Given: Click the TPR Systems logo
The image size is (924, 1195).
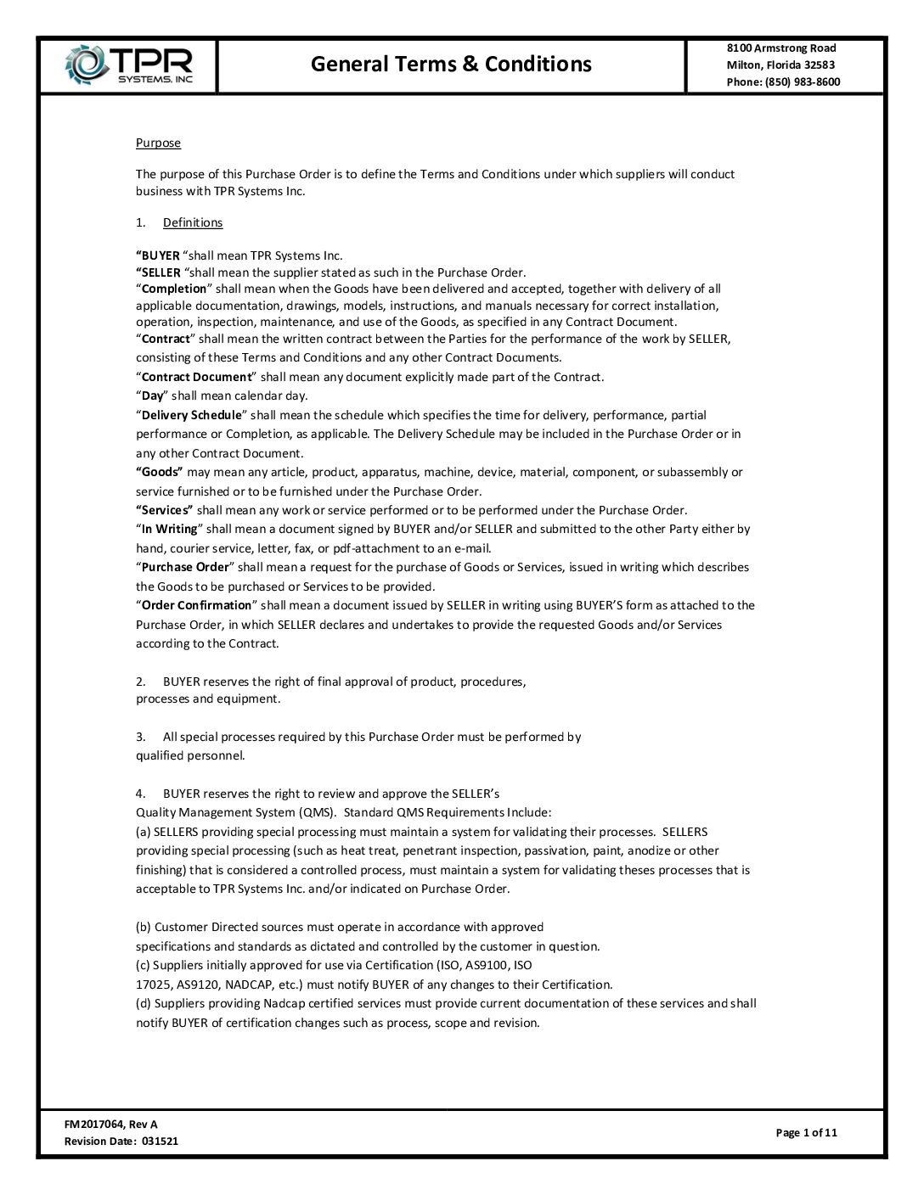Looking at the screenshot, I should point(129,65).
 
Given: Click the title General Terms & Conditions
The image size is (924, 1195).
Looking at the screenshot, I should point(451,64).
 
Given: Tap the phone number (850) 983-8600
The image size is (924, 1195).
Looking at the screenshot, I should point(802,81).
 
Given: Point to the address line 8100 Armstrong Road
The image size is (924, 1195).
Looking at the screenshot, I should point(781,48).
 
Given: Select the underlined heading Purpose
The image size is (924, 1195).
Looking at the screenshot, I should point(158,143).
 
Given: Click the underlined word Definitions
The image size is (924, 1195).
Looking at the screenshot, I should point(193,222).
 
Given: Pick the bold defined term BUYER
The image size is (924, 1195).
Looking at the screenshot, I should point(160,255).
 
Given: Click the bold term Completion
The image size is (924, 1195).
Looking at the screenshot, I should point(174,289).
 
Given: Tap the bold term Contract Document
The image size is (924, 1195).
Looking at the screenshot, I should point(196,377).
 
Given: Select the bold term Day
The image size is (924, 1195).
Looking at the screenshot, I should point(152,396).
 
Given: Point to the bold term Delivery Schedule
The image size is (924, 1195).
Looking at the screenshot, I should point(191,415).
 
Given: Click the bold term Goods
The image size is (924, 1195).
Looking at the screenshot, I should point(160,472).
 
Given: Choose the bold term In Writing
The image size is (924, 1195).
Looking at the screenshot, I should point(169,529).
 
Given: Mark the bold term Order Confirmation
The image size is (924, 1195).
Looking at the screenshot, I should point(196,605).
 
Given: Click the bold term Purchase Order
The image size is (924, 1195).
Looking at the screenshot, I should point(185,567).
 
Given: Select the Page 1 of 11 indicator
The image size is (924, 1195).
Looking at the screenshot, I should point(806,1132).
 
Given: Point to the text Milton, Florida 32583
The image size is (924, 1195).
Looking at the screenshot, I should point(780,65).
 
